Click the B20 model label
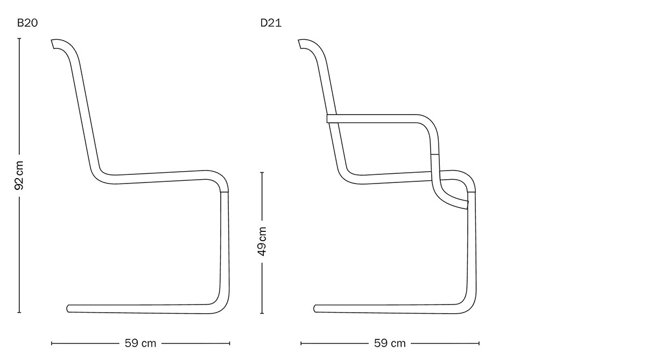[27, 23]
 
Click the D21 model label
[271, 23]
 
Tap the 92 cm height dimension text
[19, 175]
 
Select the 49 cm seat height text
[262, 242]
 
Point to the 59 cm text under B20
[141, 343]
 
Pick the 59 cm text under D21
[390, 343]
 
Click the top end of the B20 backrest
[53, 44]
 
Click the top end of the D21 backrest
[300, 44]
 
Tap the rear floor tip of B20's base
[68, 308]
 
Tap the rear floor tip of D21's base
[315, 308]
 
